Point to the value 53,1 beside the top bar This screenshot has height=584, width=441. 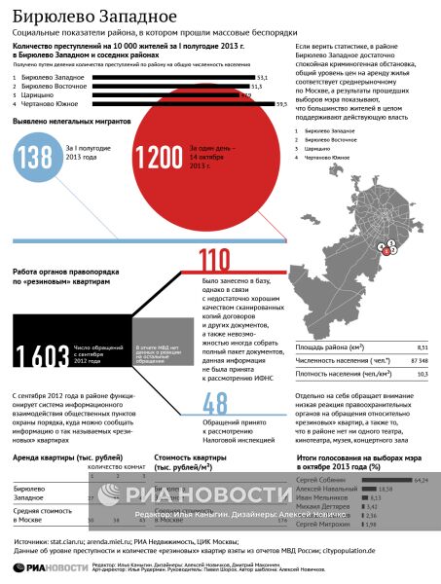(x=263, y=77)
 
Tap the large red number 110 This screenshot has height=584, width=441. (x=214, y=260)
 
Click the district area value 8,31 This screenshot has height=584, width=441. (x=422, y=347)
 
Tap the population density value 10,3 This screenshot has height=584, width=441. (x=422, y=373)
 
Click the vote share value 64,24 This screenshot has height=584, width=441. (x=423, y=480)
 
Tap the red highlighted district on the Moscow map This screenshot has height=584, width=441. (x=386, y=250)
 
